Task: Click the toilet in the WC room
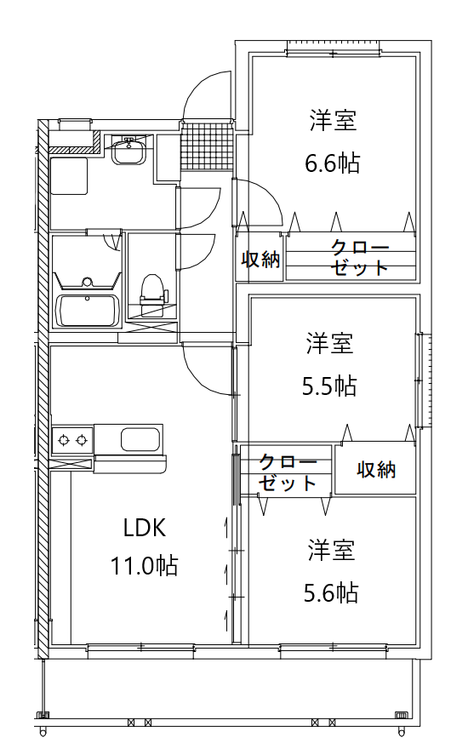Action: coord(153,295)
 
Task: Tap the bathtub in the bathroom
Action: coord(87,311)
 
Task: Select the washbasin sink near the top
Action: coord(128,152)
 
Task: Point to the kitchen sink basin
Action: coord(140,439)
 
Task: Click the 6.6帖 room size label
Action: coord(333,163)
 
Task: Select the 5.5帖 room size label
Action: coord(329,386)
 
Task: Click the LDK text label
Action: coord(145,529)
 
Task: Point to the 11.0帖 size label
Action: coord(144,565)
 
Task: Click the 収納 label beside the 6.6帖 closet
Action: coord(260,259)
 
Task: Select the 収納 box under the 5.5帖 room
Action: coord(375,470)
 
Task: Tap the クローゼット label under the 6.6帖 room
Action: coord(359,258)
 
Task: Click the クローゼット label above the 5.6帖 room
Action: coord(288,473)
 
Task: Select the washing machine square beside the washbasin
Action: coord(69,176)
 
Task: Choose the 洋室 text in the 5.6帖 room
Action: coord(331,550)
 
